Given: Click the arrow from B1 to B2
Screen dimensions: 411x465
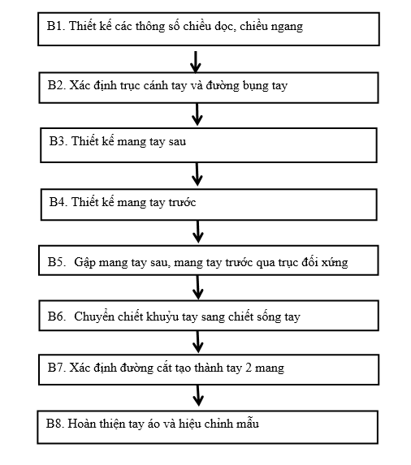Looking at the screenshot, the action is (196, 62).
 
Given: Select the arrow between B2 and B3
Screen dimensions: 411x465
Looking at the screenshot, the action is (197, 114).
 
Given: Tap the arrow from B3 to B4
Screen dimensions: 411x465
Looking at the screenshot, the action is (197, 174).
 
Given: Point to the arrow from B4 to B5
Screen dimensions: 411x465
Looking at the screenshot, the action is (198, 231).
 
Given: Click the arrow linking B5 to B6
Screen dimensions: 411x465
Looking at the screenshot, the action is (198, 287).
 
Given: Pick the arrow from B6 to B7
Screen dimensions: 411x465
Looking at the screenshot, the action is (198, 342).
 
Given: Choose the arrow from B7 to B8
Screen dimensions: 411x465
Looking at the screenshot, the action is (198, 395).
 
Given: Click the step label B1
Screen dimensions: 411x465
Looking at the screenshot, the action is (55, 26).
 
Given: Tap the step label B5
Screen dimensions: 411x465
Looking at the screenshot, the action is (56, 262).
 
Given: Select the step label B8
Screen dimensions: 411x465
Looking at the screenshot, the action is (55, 424).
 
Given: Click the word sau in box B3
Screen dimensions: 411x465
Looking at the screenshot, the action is (177, 141).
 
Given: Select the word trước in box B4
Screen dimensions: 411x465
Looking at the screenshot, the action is (182, 202).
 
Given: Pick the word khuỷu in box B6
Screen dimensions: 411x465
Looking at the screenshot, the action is (162, 317).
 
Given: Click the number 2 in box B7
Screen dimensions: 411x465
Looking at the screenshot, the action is (249, 368).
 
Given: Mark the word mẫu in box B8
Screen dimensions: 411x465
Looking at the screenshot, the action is (248, 423).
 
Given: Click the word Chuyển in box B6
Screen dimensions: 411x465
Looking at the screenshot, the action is (94, 316).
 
